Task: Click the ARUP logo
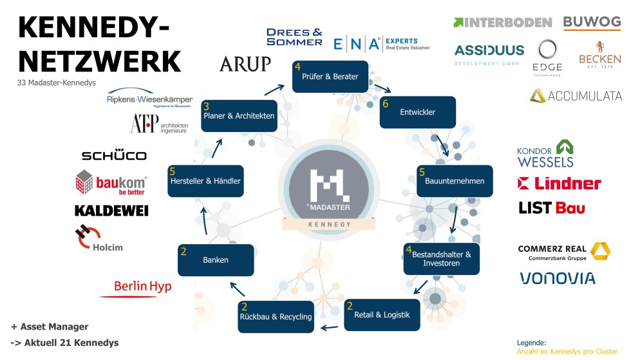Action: pyautogui.click(x=245, y=64)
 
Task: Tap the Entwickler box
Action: pyautogui.click(x=417, y=112)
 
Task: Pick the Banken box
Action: pyautogui.click(x=216, y=260)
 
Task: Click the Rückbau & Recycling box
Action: pyautogui.click(x=276, y=316)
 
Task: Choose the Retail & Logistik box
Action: pyautogui.click(x=382, y=315)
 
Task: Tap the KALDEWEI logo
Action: pyautogui.click(x=111, y=211)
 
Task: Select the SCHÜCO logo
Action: pyautogui.click(x=114, y=155)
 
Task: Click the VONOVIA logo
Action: pyautogui.click(x=557, y=278)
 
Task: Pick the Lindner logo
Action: pyautogui.click(x=559, y=184)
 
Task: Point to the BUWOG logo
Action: pyautogui.click(x=592, y=23)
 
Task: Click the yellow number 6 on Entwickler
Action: pyautogui.click(x=385, y=103)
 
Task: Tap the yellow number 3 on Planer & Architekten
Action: pyautogui.click(x=206, y=106)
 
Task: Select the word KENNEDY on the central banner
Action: pyautogui.click(x=329, y=225)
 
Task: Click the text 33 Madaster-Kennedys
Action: pyautogui.click(x=56, y=82)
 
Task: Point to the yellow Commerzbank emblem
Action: pyautogui.click(x=601, y=252)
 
